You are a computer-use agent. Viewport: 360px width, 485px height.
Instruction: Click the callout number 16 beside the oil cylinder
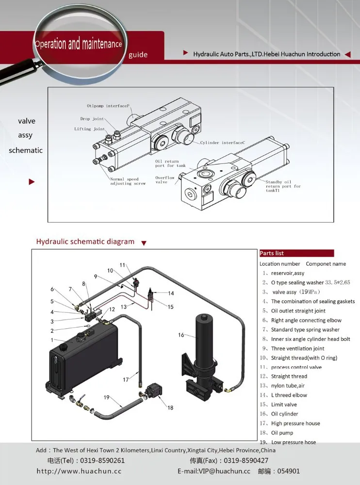tap(181, 335)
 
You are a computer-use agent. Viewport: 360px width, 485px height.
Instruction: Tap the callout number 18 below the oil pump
tap(170, 408)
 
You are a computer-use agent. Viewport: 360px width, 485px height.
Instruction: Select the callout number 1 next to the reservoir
tap(52, 340)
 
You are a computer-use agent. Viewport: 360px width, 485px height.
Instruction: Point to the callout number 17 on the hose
tap(126, 380)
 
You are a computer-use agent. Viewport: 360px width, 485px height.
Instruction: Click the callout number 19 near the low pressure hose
tap(106, 397)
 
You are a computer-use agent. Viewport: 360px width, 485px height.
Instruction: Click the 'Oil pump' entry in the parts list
tap(282, 433)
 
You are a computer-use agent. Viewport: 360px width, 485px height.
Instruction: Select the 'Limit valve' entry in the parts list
tap(284, 404)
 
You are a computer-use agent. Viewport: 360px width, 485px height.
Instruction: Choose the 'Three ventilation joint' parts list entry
tap(297, 348)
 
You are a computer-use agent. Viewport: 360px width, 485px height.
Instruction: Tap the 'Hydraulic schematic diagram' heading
tap(85, 242)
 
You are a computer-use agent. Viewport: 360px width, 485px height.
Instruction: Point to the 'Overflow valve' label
tap(164, 180)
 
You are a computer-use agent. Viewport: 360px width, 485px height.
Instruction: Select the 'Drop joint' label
tap(92, 119)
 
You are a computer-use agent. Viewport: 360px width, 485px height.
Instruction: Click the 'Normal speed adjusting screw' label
tap(124, 181)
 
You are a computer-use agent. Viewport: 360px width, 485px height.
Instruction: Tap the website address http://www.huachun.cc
tap(79, 471)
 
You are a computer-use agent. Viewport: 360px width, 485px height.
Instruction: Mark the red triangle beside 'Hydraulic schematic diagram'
tap(144, 243)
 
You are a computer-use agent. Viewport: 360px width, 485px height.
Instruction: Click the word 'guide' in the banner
tap(138, 55)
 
